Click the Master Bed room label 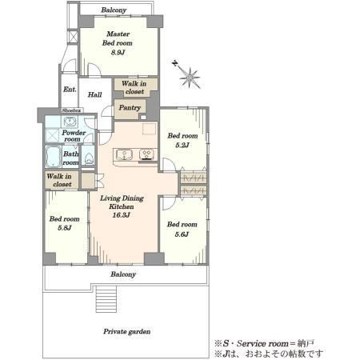118,38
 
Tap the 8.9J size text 118,52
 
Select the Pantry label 130,107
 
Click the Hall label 95,94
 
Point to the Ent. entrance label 70,90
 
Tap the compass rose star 190,78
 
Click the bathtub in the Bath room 54,157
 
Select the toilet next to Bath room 88,158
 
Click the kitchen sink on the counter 124,154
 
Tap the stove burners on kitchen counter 146,154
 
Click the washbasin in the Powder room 70,122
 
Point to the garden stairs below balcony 106,298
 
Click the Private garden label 127,331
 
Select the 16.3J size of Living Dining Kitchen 121,215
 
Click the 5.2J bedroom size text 182,145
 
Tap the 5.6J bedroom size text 182,234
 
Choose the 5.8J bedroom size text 65,228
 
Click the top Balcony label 114,10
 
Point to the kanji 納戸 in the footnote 306,343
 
